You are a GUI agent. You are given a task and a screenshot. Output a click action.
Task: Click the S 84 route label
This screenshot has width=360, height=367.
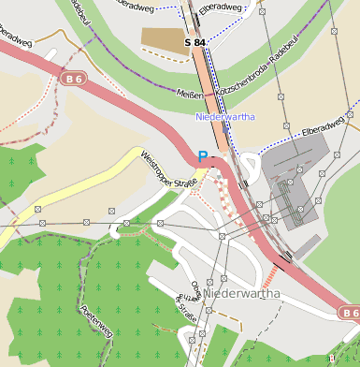click(x=194, y=43)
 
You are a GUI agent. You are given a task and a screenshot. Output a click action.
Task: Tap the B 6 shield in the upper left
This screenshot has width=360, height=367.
click(x=75, y=81)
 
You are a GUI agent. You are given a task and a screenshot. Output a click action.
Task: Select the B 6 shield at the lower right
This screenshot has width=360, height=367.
click(x=349, y=312)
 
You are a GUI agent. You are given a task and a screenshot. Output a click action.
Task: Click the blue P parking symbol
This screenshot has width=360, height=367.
click(x=203, y=157)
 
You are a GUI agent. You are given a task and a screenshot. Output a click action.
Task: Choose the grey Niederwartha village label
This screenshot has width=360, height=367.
click(x=241, y=294)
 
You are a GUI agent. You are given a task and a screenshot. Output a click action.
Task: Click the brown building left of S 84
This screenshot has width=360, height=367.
click(x=165, y=40)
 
